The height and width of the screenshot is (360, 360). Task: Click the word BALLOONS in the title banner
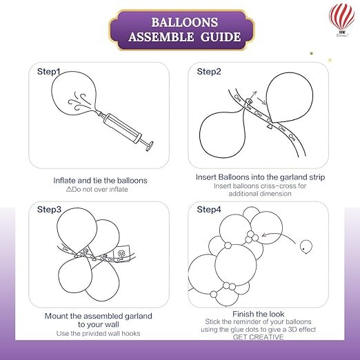185,23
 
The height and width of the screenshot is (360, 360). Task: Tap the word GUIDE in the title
221,37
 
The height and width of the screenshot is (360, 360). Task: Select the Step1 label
48,72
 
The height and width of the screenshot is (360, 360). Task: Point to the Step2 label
209,72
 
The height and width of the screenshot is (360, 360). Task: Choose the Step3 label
49,210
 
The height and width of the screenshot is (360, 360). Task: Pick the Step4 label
209,210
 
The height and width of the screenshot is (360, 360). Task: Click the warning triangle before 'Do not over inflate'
69,189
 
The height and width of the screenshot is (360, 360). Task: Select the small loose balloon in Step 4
306,247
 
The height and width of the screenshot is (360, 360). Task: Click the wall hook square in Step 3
123,253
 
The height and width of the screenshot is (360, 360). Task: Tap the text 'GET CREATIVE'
258,337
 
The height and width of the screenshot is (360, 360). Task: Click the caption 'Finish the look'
259,314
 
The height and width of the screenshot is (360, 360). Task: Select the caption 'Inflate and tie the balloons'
100,181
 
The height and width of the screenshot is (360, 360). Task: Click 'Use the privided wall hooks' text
99,333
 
